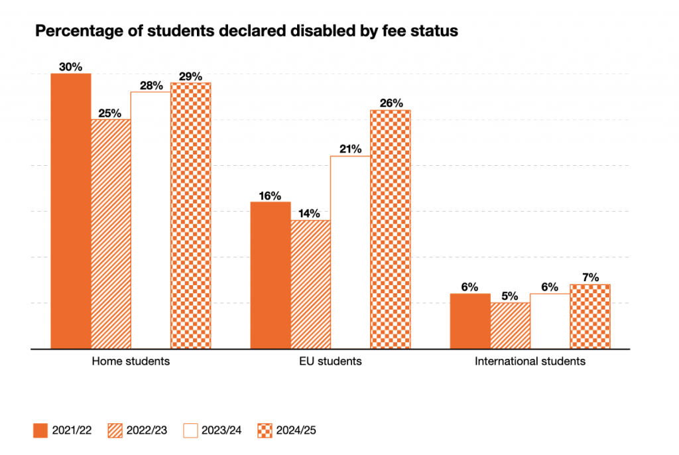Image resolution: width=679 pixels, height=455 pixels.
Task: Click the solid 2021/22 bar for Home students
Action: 71,211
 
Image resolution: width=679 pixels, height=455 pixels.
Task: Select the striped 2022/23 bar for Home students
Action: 111,233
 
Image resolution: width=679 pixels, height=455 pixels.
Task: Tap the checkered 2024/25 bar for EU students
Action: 391,229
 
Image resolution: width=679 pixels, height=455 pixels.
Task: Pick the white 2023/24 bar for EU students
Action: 350,252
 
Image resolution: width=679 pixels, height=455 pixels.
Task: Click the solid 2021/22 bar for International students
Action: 470,321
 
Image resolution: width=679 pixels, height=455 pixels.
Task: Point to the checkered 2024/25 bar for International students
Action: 590,316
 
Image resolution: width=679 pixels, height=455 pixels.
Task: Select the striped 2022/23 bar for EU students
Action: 310,284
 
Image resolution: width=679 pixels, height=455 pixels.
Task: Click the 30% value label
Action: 70,67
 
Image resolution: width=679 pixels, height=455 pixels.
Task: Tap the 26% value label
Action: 391,103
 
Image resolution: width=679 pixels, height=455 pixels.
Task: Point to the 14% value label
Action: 310,214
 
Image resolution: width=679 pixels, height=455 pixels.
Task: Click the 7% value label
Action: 590,277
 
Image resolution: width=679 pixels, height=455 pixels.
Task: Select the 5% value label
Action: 510,296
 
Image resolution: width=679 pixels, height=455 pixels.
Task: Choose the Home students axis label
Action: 131,362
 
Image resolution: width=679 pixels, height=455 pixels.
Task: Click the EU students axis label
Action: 330,362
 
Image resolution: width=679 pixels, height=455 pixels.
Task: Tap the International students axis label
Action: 530,362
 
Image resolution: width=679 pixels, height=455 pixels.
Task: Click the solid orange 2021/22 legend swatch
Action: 42,430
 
